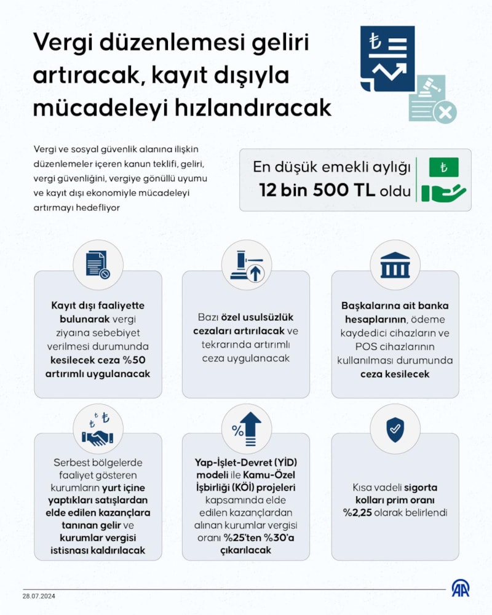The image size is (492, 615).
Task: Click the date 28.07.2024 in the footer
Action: (40, 596)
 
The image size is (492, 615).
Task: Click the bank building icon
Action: (395, 266)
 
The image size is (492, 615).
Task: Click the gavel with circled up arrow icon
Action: (246, 266)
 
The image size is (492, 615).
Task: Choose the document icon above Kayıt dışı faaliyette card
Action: (98, 266)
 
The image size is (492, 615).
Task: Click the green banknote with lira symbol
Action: (443, 167)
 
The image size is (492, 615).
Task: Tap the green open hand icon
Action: (443, 192)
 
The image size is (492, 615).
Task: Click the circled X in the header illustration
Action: (445, 112)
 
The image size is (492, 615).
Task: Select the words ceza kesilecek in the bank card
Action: (395, 374)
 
